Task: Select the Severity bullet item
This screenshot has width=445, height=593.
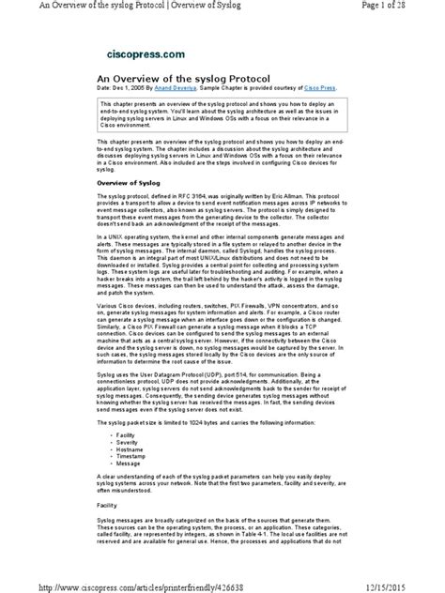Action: pos(125,444)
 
